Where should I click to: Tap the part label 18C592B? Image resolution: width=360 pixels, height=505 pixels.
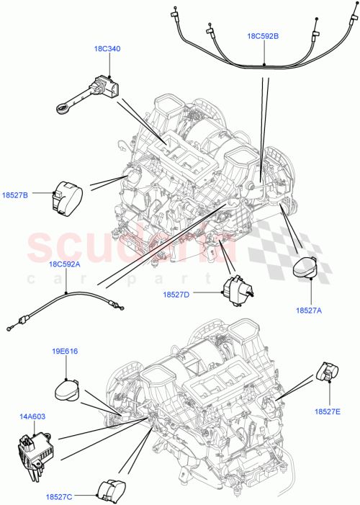coord(264,35)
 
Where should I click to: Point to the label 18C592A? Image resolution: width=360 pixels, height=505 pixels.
coord(65,264)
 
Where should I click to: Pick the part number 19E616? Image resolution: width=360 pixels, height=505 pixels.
coord(66,354)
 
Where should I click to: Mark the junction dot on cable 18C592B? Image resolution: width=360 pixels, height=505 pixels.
coord(264,65)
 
